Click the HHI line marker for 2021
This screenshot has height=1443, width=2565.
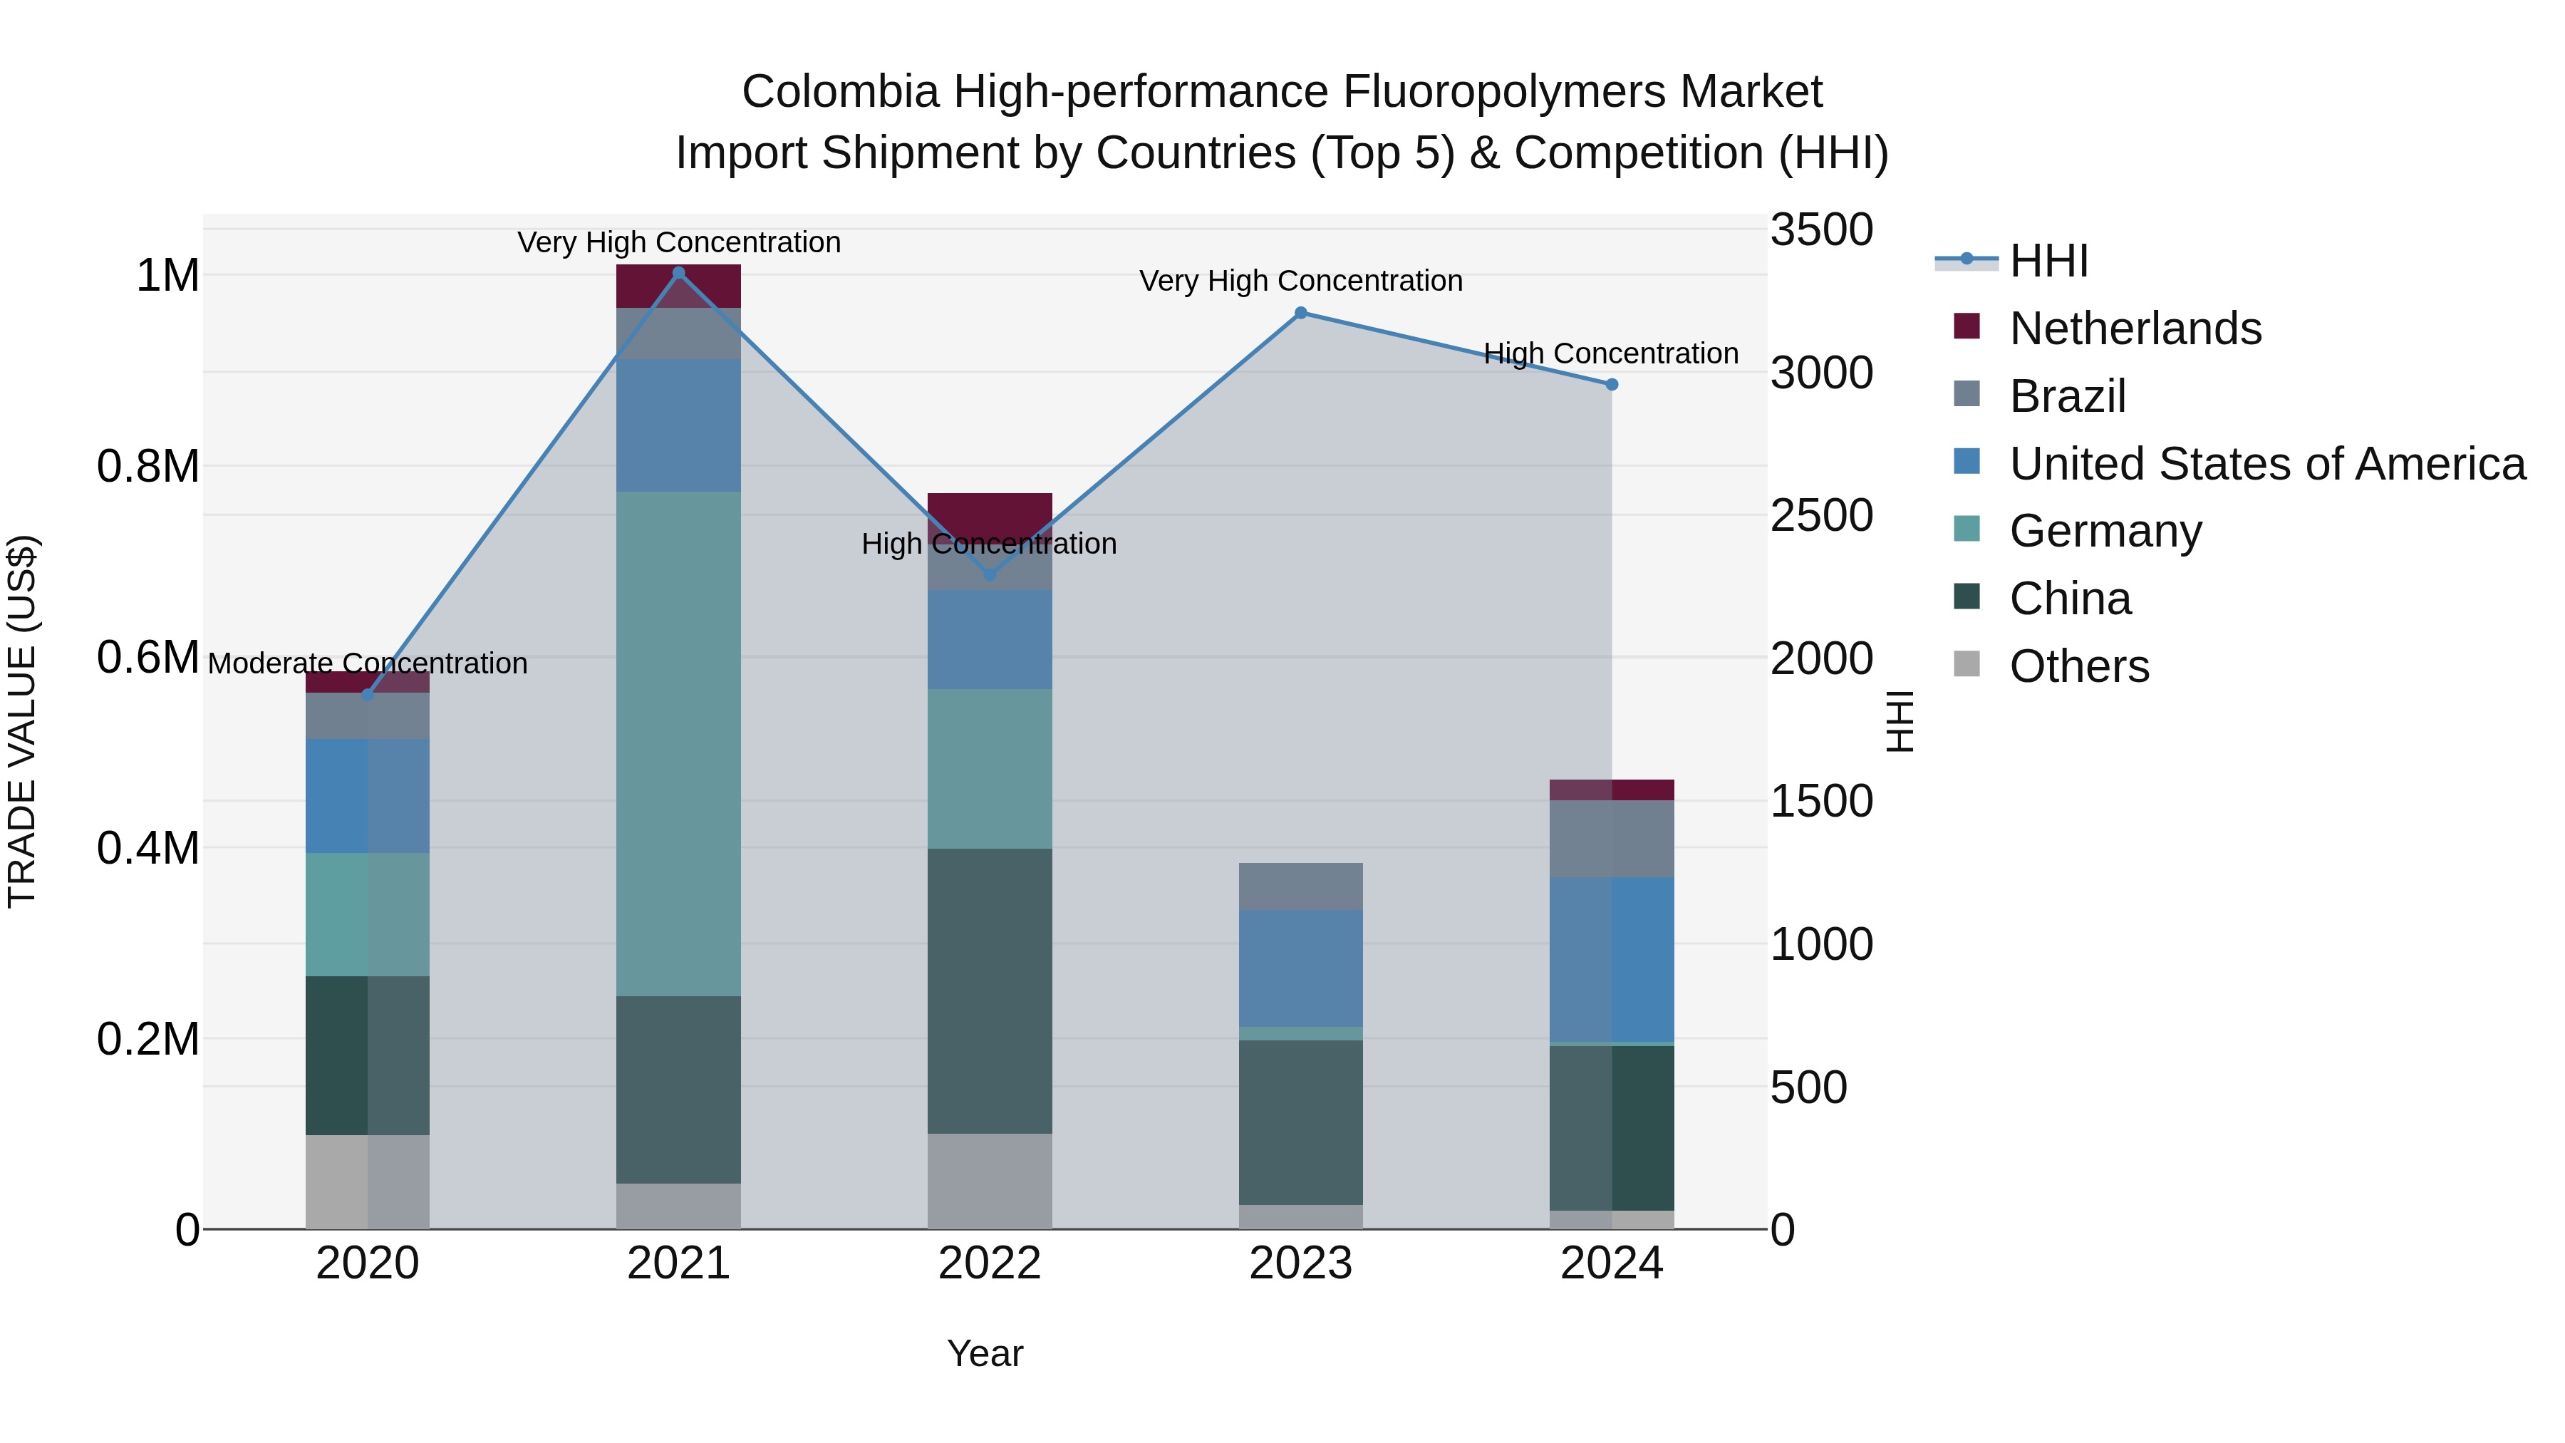tap(679, 273)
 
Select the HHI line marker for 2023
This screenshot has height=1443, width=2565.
tap(1300, 313)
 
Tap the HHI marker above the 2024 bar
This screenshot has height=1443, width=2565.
tap(1612, 384)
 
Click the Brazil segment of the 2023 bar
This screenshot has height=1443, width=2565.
tap(1300, 886)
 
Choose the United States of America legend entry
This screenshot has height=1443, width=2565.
tap(2266, 464)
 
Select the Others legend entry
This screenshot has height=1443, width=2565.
tap(2079, 666)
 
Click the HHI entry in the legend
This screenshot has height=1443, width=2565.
tap(2048, 261)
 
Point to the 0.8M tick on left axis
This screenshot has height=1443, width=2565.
tap(148, 466)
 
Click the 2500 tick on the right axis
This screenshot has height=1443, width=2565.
tap(1821, 516)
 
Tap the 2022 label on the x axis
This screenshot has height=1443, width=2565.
tap(990, 1263)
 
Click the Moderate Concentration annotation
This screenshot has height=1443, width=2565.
tap(368, 663)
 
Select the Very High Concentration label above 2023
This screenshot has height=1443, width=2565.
tap(1300, 281)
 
